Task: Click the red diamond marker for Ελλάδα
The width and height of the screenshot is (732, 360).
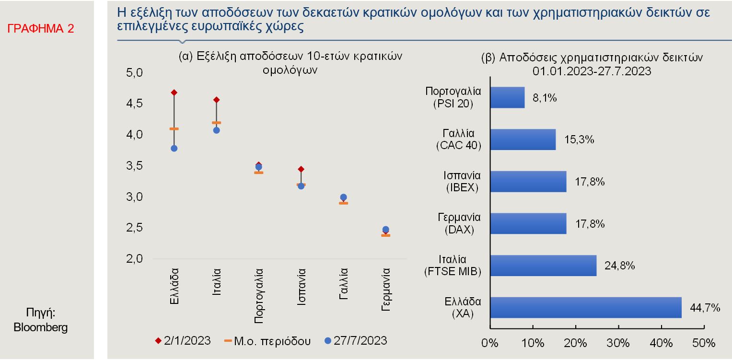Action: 174,93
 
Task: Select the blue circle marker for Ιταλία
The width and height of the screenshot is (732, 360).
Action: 217,130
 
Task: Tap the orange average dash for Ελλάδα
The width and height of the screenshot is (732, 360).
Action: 174,128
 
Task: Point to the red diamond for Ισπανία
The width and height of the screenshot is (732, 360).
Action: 301,169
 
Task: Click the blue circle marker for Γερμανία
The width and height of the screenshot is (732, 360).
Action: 385,230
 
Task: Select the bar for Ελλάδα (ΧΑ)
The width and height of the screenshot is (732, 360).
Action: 586,307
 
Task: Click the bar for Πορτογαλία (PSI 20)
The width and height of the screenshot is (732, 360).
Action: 507,97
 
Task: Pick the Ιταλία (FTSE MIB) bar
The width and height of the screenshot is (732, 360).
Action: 544,266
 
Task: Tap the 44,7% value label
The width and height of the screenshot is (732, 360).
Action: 705,308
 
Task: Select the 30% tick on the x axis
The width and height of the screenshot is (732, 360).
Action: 618,343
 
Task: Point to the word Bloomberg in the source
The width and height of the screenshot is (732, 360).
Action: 41,328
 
